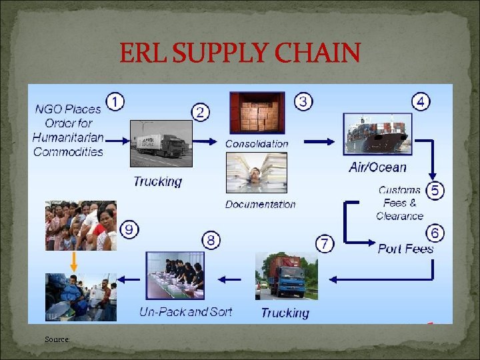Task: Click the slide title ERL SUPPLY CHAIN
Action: coord(240,53)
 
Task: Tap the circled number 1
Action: coord(115,103)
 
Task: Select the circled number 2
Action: coord(201,112)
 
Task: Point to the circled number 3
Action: coord(303,101)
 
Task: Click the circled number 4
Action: coord(421,102)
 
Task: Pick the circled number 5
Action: coord(435,190)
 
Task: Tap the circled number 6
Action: coord(435,233)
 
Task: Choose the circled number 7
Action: coord(324,243)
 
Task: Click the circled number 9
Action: coord(130,230)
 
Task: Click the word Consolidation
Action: coord(257,143)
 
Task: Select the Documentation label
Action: coord(260,204)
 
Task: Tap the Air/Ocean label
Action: coord(377,167)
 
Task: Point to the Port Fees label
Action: coord(405,249)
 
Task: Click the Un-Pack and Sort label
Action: coord(186,311)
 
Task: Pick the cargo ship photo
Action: coord(375,135)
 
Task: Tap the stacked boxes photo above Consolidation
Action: coord(257,112)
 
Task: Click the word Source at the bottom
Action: coord(57,339)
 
